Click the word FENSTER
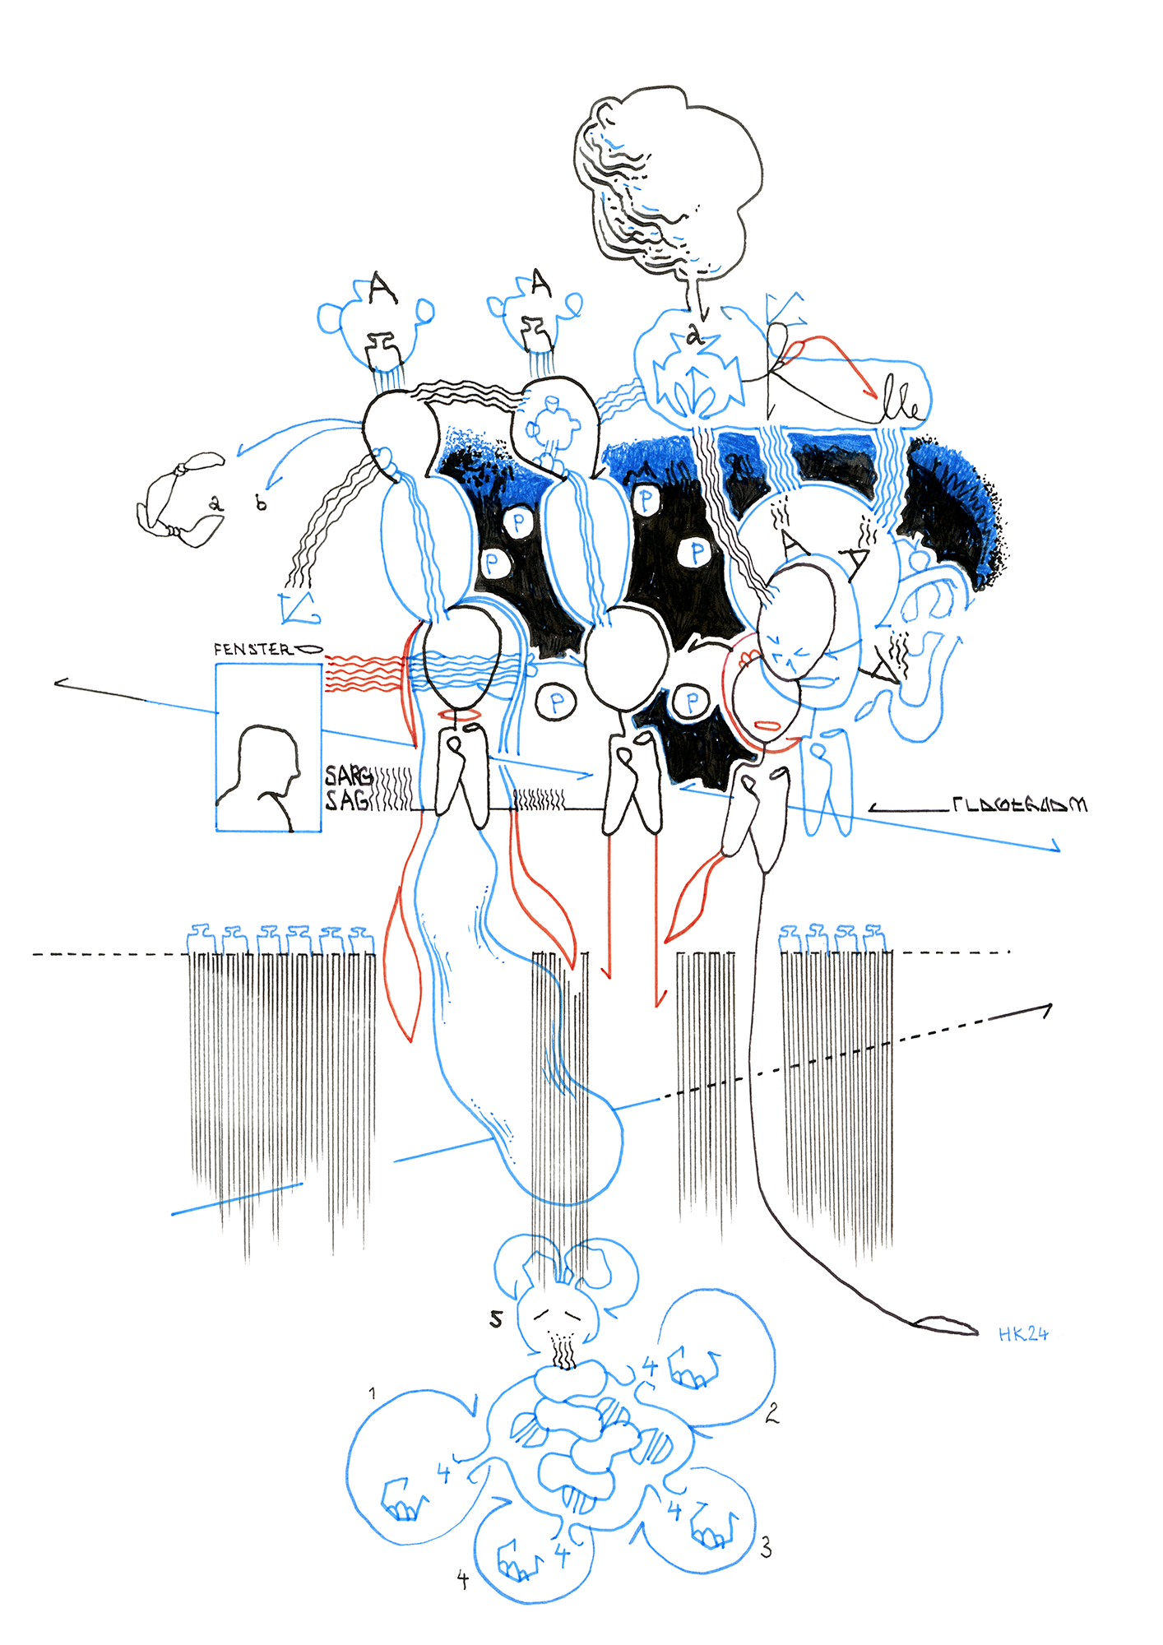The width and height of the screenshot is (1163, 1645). coord(252,649)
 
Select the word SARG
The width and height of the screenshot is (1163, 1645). coord(347,776)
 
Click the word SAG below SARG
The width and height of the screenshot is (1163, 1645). coord(345,799)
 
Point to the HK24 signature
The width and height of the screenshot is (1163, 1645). coord(1023,1334)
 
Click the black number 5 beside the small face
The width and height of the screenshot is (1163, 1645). coord(496,1318)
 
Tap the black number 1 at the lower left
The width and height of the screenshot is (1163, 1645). coord(373,1393)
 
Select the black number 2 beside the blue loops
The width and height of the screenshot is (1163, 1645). coord(771,1413)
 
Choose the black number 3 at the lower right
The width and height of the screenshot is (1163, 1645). coord(766,1548)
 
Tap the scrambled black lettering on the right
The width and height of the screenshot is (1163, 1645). coord(1020,804)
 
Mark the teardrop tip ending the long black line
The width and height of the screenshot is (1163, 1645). coord(946,1325)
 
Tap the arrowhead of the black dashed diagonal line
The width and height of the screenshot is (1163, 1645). coord(1048,1008)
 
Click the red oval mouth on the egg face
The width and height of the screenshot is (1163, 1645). coord(766,725)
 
